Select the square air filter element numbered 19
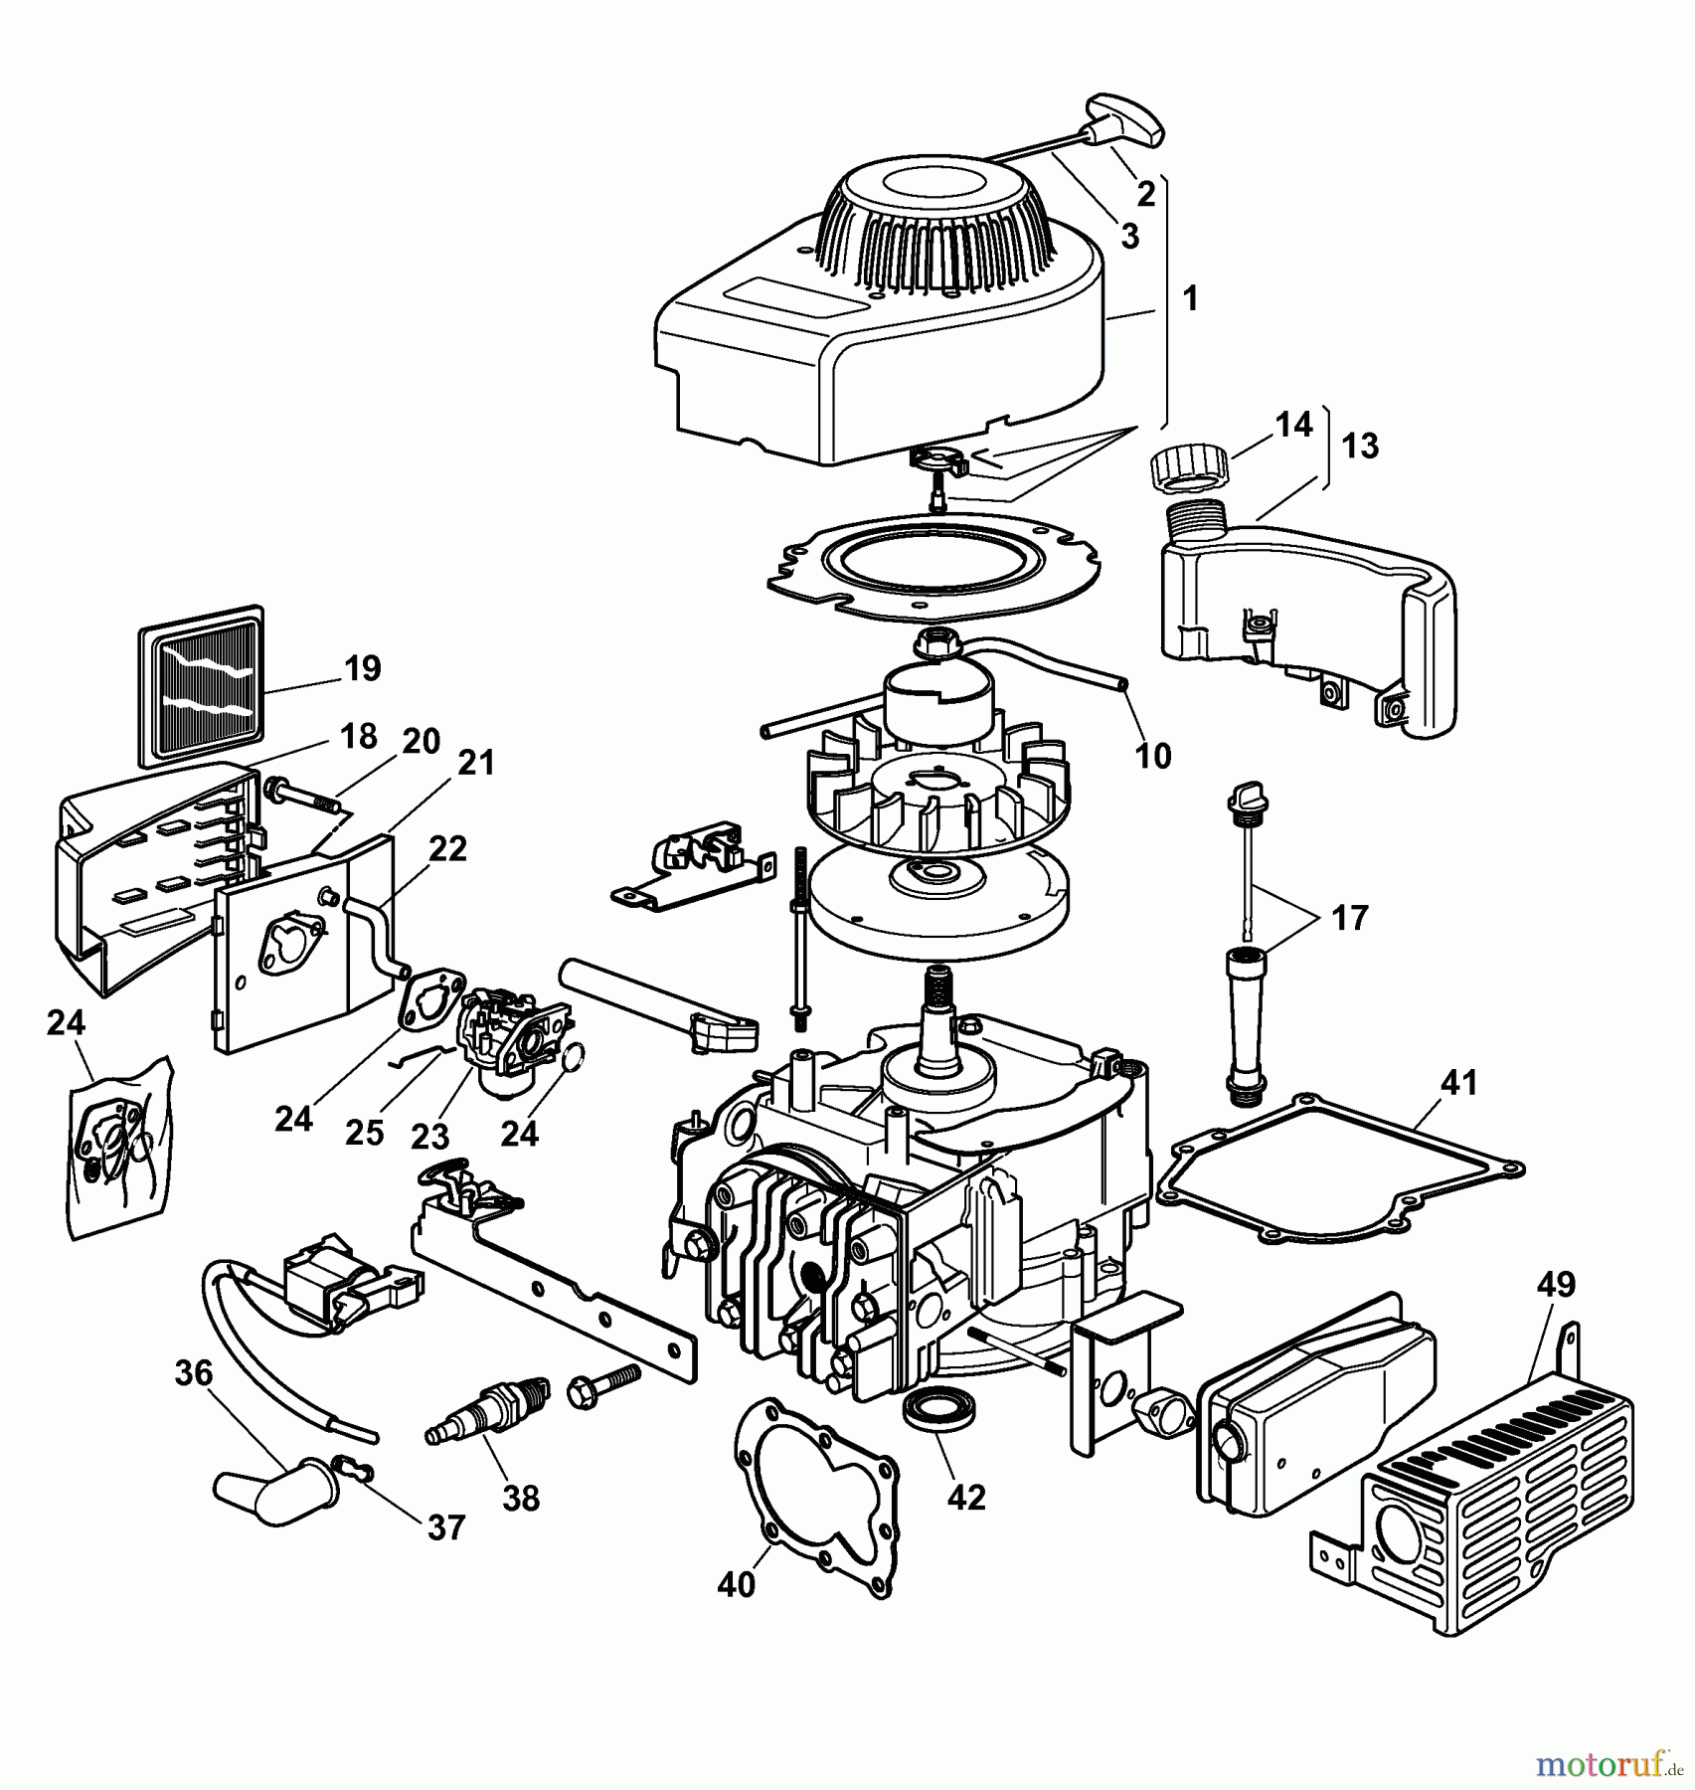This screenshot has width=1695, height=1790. coord(201,685)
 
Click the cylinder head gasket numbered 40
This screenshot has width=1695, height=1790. coord(815,1502)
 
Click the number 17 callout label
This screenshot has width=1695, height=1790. coord(1349,917)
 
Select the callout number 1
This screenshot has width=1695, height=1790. coord(1190,297)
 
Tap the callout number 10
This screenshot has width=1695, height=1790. coord(1152,756)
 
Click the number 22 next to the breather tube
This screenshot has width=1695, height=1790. coord(447,848)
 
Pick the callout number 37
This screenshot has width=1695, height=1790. coord(445,1526)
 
